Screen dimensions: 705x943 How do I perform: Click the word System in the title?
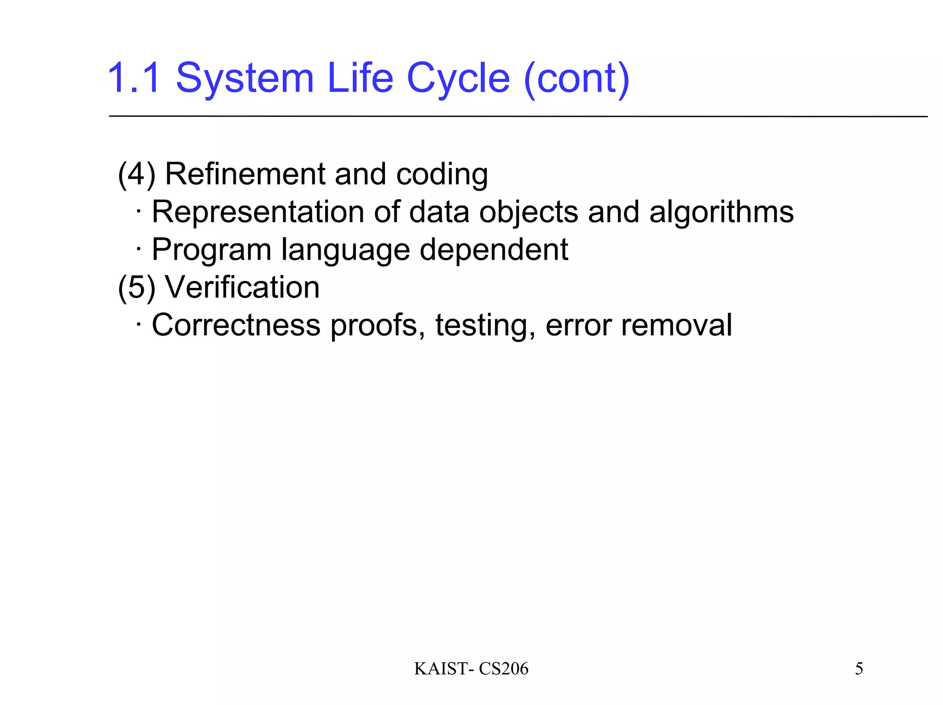244,78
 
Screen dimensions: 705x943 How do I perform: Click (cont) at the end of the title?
576,78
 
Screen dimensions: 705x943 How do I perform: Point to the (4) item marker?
136,175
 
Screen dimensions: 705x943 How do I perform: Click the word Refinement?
245,175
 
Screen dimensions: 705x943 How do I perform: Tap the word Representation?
258,212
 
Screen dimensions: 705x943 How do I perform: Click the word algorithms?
721,212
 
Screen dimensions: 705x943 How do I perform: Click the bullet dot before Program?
138,249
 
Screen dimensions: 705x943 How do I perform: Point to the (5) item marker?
136,288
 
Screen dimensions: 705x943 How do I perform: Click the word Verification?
242,288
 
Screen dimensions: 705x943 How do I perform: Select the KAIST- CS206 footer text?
471,669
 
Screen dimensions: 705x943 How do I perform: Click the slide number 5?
859,669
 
